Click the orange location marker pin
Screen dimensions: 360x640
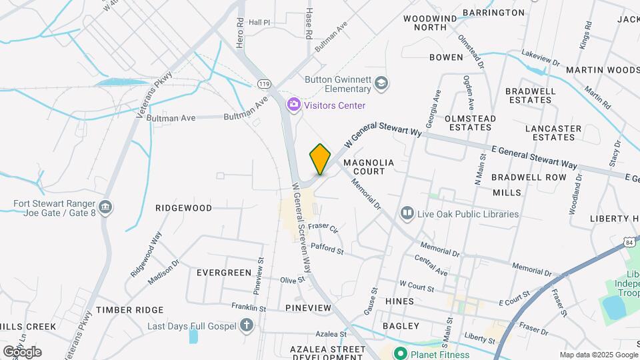pos(320,159)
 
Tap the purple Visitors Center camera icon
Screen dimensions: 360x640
pos(292,105)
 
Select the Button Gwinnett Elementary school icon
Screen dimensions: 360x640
pos(381,83)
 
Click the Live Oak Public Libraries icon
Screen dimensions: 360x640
pos(407,214)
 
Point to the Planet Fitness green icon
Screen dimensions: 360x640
pos(400,353)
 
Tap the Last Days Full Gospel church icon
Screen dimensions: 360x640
pos(247,325)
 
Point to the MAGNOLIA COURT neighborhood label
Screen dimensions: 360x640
pos(369,167)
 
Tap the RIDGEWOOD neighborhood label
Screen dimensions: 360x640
pos(183,208)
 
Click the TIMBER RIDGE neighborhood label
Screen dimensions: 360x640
pos(129,310)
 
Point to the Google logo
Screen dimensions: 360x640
pos(21,351)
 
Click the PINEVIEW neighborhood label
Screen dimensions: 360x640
pos(307,307)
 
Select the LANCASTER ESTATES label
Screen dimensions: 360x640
pos(553,133)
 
